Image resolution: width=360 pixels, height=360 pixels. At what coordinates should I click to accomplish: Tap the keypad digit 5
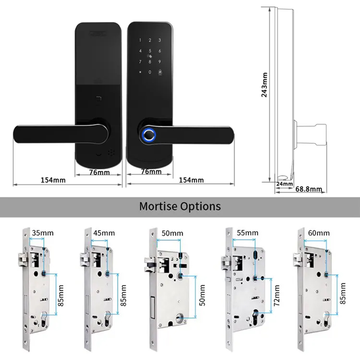coord(150,51)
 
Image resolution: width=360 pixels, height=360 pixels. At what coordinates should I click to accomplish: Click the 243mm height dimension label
coord(265,85)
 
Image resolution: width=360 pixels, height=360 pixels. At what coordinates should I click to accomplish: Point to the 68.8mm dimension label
coord(309,189)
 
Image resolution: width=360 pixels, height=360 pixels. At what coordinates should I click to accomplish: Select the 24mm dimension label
coord(284,184)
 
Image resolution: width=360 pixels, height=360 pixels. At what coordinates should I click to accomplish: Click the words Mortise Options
coord(180,206)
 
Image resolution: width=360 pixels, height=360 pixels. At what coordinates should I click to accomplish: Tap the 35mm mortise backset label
coord(42,232)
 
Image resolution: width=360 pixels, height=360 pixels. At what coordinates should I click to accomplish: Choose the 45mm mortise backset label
coord(104,232)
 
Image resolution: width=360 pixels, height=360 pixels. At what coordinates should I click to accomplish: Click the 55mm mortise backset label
coord(248,233)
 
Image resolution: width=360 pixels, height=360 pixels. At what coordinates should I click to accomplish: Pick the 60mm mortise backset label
coord(319,233)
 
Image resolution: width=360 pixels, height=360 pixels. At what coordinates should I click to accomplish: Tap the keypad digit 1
coord(140,41)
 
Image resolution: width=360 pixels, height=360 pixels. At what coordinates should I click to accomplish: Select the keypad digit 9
coord(159,62)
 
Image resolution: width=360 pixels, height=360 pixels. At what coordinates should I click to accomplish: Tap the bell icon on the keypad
coord(159,72)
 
